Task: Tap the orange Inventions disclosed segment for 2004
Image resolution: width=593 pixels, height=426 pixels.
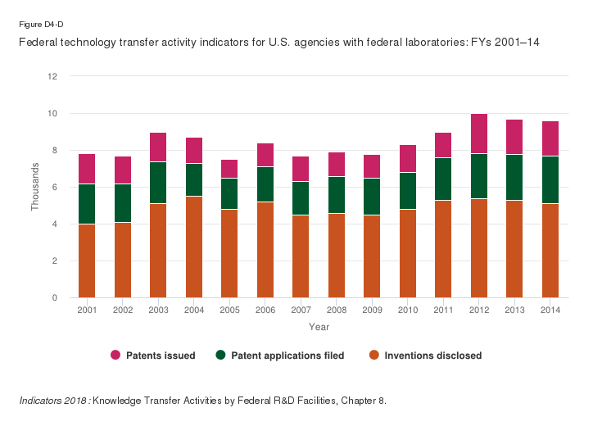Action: click(193, 247)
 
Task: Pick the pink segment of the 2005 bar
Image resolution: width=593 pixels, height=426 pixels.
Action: click(229, 169)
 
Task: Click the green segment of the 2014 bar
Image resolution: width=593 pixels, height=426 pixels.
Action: click(550, 180)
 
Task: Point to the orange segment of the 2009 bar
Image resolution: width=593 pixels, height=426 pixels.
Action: click(372, 256)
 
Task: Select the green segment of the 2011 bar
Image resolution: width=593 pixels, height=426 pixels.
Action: click(443, 179)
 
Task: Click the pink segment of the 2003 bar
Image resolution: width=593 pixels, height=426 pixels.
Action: click(158, 147)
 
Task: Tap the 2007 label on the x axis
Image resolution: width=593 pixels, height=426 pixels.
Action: click(301, 310)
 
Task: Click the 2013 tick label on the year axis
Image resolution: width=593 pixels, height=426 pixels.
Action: click(514, 310)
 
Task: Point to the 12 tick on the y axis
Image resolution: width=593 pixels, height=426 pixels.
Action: click(53, 76)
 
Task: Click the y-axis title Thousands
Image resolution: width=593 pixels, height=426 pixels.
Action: click(35, 188)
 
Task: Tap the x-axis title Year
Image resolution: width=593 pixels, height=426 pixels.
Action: click(319, 327)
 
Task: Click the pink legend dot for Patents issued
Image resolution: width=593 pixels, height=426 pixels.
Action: click(115, 356)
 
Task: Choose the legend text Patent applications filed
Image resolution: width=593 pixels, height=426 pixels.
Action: click(287, 356)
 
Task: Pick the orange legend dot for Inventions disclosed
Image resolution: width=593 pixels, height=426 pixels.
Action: click(374, 356)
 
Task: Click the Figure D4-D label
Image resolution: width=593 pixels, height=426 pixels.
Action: click(38, 25)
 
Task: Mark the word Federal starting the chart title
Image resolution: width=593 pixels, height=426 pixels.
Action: click(38, 41)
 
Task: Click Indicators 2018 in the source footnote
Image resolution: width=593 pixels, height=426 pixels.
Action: click(54, 401)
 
